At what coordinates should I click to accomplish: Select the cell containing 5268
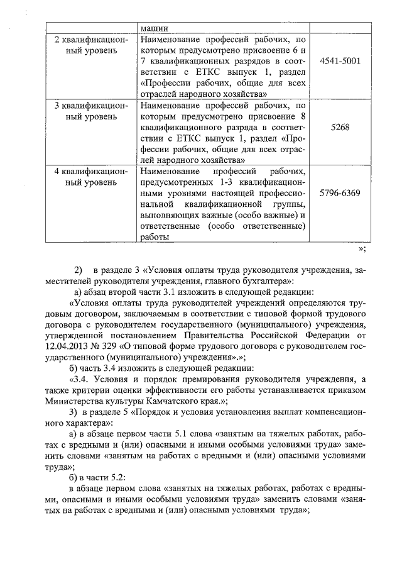click(340, 126)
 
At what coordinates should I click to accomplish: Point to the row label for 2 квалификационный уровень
click(91, 45)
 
